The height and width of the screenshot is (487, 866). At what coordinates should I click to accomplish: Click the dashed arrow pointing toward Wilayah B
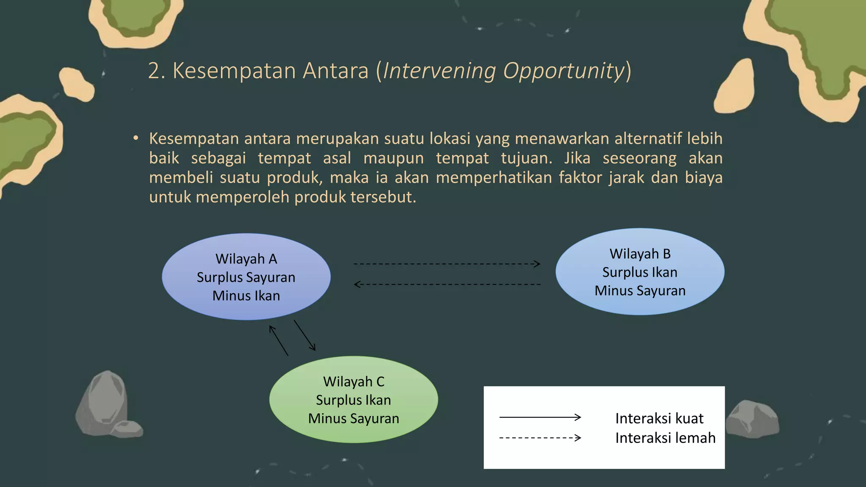447,264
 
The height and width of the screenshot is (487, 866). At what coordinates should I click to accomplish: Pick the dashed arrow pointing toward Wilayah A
447,285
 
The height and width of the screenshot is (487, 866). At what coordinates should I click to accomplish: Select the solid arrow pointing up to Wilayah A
279,340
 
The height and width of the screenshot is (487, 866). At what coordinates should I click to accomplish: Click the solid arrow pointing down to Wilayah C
305,335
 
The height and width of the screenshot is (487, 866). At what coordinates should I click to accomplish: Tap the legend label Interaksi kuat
659,418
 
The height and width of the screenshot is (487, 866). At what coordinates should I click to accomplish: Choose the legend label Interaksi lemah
665,438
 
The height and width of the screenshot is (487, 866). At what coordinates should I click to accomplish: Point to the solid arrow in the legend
540,417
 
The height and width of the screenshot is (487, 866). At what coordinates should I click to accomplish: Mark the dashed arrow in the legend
540,438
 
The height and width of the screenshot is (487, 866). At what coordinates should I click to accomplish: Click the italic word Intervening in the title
439,71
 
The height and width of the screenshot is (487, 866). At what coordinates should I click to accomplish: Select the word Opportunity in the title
563,71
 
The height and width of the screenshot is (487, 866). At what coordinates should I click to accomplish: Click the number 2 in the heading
154,71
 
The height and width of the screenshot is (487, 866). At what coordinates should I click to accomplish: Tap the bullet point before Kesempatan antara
135,138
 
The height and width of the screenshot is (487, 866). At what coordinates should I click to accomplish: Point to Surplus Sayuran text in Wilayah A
246,277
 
